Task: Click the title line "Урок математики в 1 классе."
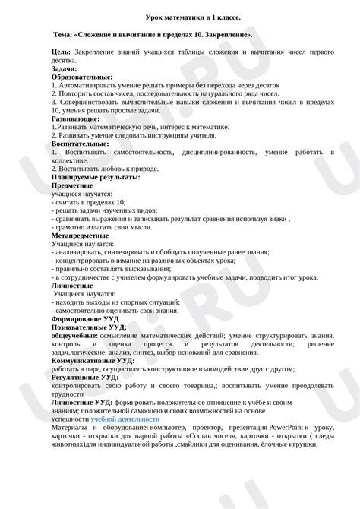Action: pyautogui.click(x=179, y=18)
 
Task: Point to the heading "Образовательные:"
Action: pyautogui.click(x=81, y=77)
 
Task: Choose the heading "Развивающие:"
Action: pyautogui.click(x=74, y=119)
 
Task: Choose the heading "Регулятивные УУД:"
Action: pyautogui.click(x=84, y=377)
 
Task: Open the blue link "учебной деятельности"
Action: pyautogui.click(x=125, y=419)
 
